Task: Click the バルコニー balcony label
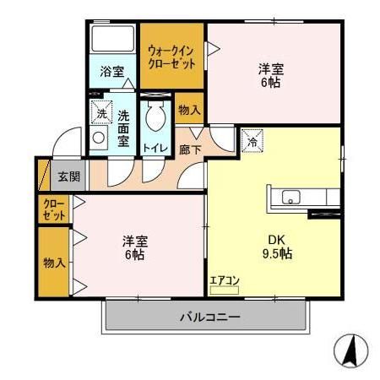coord(209,318)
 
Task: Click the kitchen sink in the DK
coord(290,199)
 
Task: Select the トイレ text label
coord(155,149)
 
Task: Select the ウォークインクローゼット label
coord(172,57)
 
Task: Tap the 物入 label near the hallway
coord(190,110)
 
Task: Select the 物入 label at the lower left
coord(54,263)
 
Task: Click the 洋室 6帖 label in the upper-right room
coord(270,77)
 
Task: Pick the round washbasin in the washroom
coord(100,138)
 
